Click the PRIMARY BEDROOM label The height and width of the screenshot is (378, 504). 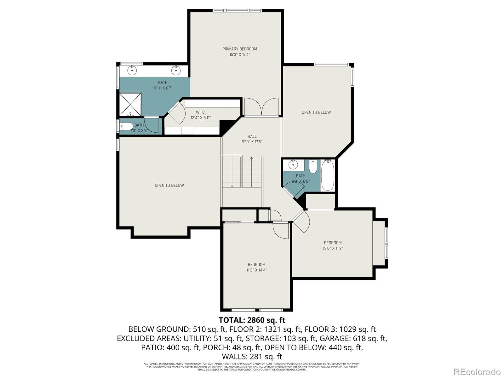(x=239, y=49)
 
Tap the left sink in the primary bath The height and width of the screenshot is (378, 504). (x=133, y=70)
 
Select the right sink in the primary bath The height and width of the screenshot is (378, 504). (x=176, y=70)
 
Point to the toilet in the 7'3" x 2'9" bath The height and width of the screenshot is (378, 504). (x=127, y=126)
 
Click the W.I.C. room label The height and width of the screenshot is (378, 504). (x=200, y=112)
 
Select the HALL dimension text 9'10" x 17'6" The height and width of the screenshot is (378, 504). (x=252, y=142)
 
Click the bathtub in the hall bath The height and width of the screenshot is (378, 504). (x=328, y=175)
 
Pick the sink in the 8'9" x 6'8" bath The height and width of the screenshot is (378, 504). (x=294, y=164)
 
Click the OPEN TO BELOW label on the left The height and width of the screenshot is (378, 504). (x=169, y=186)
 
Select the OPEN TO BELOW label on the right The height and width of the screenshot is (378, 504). (x=316, y=112)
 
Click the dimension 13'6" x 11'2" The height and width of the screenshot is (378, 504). (x=333, y=248)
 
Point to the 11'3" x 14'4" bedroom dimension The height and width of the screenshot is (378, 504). (x=256, y=270)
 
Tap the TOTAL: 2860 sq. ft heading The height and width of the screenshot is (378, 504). (x=252, y=320)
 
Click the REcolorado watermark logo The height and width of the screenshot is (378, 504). (x=477, y=372)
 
